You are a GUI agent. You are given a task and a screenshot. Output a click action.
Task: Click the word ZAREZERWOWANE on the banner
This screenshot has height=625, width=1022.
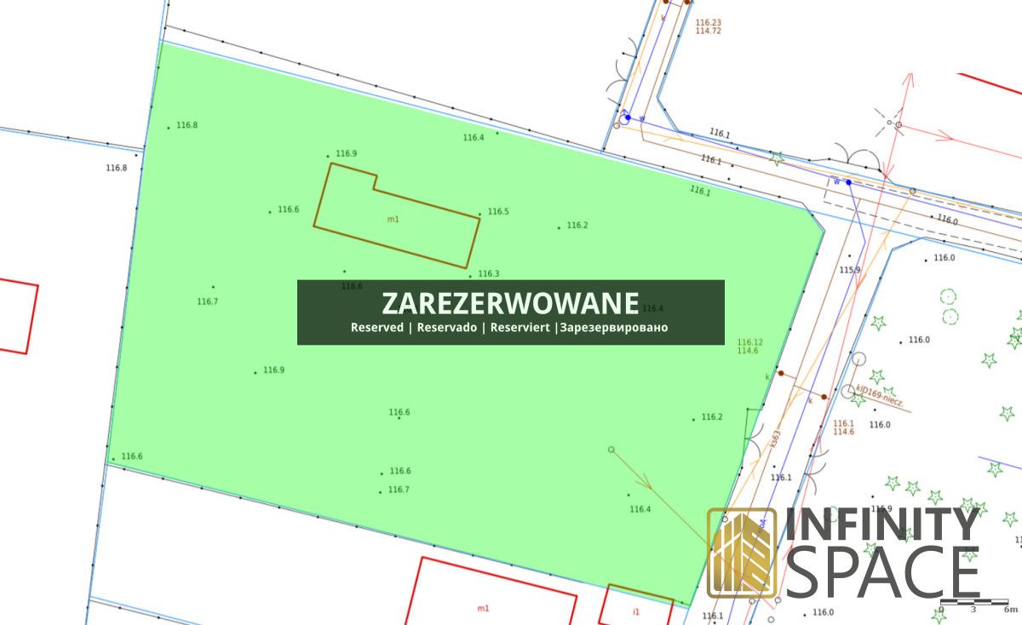pos(510,303)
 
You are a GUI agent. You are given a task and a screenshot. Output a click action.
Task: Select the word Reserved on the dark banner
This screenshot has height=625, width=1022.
pos(376,328)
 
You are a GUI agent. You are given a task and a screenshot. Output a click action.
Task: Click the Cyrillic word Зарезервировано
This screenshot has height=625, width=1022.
pos(613,328)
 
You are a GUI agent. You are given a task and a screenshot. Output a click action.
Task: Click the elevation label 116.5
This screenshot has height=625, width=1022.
pos(498,212)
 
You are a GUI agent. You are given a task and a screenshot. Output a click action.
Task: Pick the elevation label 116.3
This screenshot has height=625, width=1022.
pos(488,274)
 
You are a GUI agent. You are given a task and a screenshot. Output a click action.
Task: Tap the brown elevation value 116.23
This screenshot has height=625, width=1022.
pos(709,22)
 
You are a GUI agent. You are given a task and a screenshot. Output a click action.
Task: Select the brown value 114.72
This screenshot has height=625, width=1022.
pos(709,31)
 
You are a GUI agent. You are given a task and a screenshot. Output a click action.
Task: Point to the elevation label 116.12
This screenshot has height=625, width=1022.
pos(749,342)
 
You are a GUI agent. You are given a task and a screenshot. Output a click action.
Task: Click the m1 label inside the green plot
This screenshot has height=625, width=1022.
pos(393,219)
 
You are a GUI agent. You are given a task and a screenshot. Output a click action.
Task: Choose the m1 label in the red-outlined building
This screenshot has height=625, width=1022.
pos(483,608)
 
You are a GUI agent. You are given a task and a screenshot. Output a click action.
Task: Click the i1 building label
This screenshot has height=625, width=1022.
pos(635,612)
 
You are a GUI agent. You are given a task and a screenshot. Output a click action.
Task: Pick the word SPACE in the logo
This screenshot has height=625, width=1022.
pos(882,572)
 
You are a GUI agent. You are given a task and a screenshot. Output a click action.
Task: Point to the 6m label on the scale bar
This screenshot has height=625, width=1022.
pos(1010,610)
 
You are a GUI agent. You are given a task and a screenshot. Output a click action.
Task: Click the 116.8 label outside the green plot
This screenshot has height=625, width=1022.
pos(116,168)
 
